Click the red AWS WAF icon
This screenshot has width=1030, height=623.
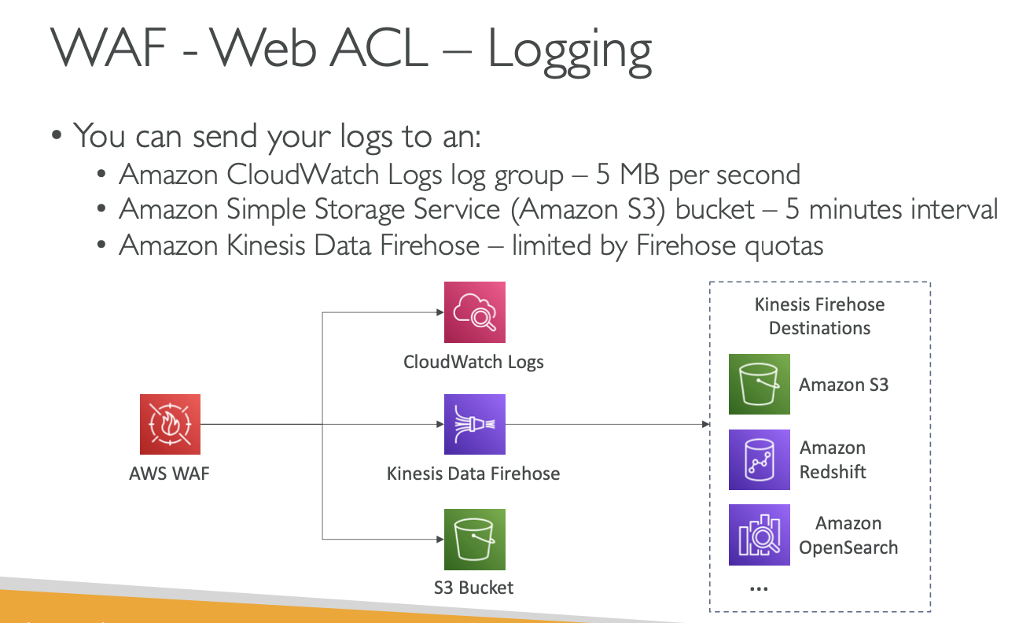[x=170, y=425]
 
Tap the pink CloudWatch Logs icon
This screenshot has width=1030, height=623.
[x=474, y=312]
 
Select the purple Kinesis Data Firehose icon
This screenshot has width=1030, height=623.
[x=474, y=425]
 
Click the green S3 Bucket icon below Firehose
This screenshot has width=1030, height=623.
[x=474, y=540]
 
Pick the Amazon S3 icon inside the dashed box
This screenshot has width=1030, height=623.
[x=759, y=384]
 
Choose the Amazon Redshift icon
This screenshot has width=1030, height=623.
[x=759, y=459]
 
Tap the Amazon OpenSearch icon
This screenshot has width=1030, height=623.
[x=759, y=535]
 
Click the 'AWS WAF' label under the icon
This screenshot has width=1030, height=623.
[x=170, y=474]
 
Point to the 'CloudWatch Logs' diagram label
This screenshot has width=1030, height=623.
[x=473, y=362]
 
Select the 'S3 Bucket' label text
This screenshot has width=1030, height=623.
[x=473, y=588]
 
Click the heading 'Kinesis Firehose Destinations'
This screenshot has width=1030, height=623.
[x=819, y=316]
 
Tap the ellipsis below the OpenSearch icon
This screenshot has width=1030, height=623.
[x=759, y=588]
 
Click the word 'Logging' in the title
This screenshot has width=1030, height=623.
[x=569, y=50]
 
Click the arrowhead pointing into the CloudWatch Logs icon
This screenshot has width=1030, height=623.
[x=439, y=312]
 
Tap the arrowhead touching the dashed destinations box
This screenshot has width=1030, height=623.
[x=705, y=425]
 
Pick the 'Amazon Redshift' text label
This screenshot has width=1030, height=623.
[x=833, y=459]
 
